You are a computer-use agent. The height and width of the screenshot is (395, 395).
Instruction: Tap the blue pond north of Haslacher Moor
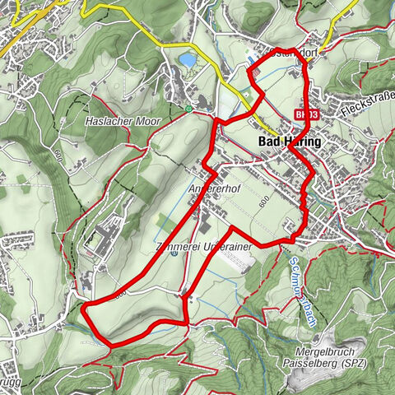pyautogui.click(x=188, y=60)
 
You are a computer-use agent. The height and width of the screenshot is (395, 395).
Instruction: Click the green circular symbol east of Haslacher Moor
pyautogui.click(x=188, y=108)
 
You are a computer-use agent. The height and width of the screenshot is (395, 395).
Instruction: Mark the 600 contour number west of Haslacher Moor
pyautogui.click(x=56, y=154)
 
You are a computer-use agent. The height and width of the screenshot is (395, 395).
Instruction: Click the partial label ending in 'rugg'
pyautogui.click(x=10, y=383)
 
